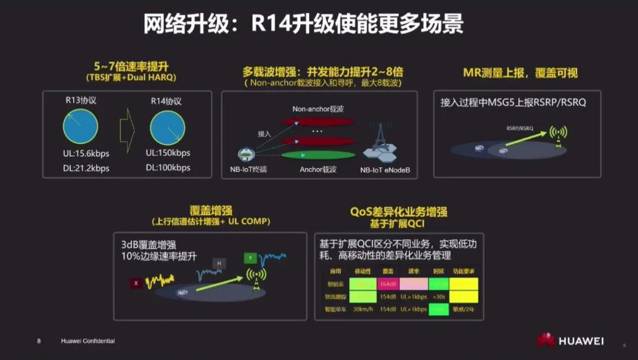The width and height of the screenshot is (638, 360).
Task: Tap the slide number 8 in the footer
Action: coord(39,341)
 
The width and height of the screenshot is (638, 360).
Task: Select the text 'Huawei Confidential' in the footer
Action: coord(88,341)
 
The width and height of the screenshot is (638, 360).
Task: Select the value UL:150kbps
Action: coord(168,153)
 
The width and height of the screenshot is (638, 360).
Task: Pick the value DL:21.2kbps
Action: coord(86,168)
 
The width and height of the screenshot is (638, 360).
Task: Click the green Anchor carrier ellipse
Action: coord(318,155)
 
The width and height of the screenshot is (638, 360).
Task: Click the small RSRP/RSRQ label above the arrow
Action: coord(519,128)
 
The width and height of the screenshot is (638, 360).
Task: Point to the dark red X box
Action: coord(136,283)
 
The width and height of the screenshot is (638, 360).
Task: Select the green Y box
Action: coord(251,258)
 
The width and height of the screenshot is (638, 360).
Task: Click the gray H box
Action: coord(219,263)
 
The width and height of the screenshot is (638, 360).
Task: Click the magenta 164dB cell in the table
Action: coord(388,283)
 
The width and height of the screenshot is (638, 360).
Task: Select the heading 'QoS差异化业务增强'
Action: coord(398,212)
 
